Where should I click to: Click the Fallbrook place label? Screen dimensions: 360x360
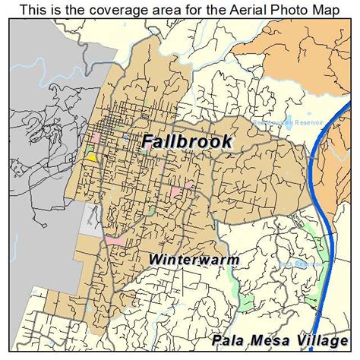186,142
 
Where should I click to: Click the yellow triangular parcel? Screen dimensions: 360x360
91,156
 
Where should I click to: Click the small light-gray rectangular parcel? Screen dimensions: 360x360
90,220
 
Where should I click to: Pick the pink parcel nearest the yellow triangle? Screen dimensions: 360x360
96,137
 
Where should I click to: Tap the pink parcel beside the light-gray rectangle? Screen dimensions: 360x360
115,241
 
